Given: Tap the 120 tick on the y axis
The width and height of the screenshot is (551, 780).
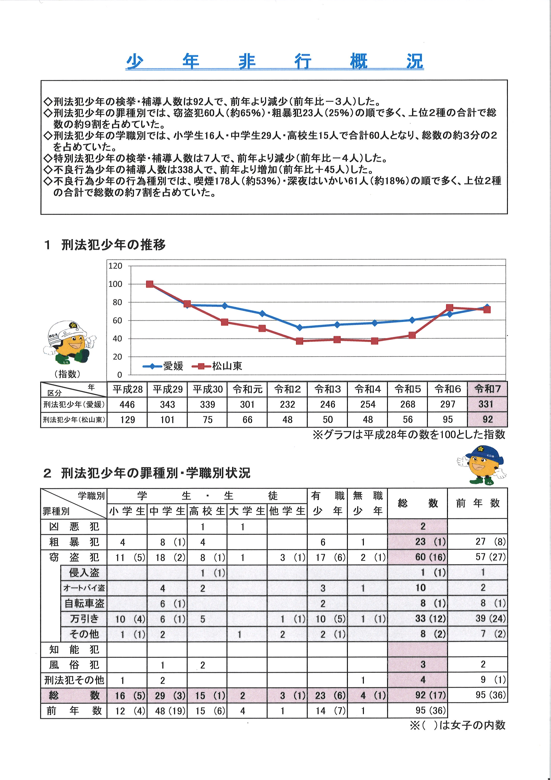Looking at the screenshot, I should pos(115,266).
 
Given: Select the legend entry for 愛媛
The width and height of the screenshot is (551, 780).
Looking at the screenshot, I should pos(164,366).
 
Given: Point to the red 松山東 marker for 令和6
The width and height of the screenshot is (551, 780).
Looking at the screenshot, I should pos(449,308).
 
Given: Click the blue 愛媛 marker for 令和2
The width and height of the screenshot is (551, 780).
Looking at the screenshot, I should pos(299,327).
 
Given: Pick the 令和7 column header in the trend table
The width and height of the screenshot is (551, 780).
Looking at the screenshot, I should pos(487,389).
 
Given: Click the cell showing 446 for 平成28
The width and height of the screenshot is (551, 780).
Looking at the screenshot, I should pos(127,404).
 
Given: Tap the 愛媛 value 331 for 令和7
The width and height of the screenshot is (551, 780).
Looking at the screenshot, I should pos(487,404).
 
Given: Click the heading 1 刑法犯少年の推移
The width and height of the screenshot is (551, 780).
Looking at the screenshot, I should pos(105,245).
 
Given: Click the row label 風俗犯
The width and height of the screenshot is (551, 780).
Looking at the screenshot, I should pos(74,665).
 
